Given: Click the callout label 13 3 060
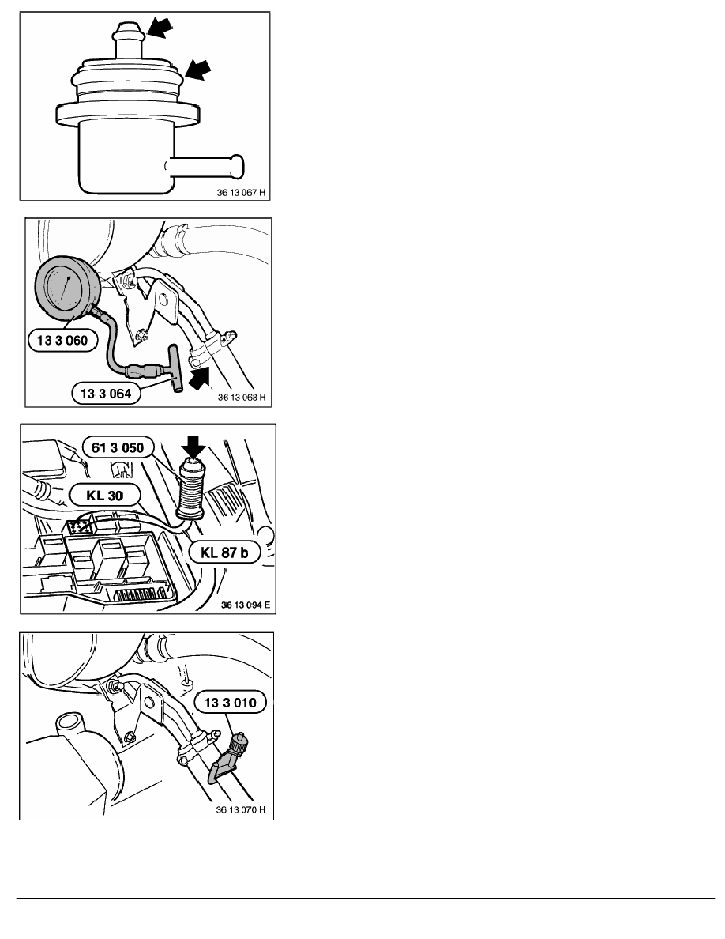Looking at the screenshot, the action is coord(62,341).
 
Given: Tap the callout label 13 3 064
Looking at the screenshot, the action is coord(106,394).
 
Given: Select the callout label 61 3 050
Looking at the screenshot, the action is coord(117,447).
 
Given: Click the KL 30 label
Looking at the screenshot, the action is coord(105,496).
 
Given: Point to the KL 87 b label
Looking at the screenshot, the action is coord(224,552).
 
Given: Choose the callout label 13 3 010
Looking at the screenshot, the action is coord(231,703).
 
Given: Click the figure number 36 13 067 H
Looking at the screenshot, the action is coord(240,193).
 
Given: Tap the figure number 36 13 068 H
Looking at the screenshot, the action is coord(242,397).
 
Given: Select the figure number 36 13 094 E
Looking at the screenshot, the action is coord(246,605).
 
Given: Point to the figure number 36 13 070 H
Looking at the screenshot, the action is coord(240,809).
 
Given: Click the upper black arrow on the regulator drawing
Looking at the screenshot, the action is coord(160,27).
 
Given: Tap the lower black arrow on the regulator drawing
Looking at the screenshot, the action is coord(197,70).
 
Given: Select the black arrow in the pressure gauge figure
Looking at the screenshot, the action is coord(200,379).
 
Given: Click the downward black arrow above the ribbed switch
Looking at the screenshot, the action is coord(193,447).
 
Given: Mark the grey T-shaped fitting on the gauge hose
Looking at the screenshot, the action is coord(174,369).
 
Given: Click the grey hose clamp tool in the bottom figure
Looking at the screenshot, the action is coord(226,757).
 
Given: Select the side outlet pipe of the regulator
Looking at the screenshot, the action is coord(204,167).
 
